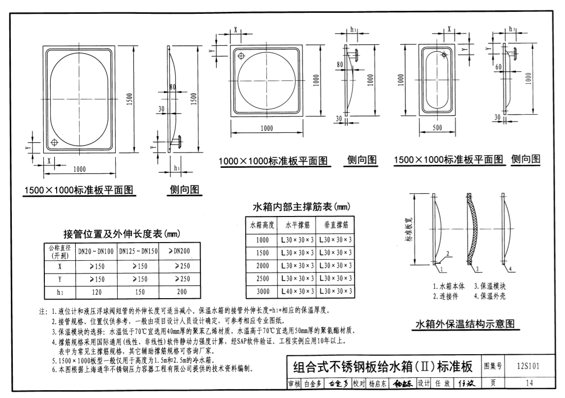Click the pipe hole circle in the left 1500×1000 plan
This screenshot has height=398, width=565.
pyautogui.click(x=55, y=143)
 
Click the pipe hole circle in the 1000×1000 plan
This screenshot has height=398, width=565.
pyautogui.click(x=241, y=56)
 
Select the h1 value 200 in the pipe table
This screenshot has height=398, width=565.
pyautogui.click(x=182, y=292)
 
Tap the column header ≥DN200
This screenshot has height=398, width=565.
pyautogui.click(x=182, y=251)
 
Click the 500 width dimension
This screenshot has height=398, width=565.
pyautogui.click(x=436, y=128)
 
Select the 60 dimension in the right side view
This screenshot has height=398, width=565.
pyautogui.click(x=499, y=66)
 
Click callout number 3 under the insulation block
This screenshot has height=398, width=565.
pyautogui.click(x=478, y=269)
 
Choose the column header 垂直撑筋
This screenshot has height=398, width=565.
pyautogui.click(x=336, y=225)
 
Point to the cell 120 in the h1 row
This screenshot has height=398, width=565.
pyautogui.click(x=96, y=292)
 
